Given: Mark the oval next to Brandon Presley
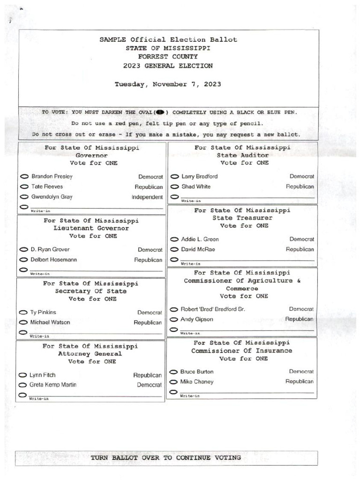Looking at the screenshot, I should (24, 177).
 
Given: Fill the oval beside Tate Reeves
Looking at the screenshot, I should (24, 187).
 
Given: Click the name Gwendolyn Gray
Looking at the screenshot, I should (52, 197).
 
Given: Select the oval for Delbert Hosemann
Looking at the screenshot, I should (23, 260).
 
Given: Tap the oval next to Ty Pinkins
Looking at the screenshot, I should (22, 312).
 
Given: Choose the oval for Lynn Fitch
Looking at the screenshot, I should (22, 375).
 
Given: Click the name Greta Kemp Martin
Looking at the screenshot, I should (52, 385).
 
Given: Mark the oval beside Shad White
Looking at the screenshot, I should (174, 187).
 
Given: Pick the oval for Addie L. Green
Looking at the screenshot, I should (174, 240).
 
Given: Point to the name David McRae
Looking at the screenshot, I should (198, 249).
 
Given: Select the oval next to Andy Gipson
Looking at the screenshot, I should (173, 320).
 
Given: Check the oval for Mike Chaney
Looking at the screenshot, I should (173, 382).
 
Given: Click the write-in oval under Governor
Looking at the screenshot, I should (24, 207).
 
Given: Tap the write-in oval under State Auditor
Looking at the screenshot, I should (174, 196).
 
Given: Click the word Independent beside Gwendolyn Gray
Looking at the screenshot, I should (147, 197).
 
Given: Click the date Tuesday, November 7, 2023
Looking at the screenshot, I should (168, 84).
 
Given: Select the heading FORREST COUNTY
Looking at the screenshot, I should (168, 57).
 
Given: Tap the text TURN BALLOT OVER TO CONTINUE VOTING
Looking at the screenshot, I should (166, 457).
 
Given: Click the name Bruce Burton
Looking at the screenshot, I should (196, 372).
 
